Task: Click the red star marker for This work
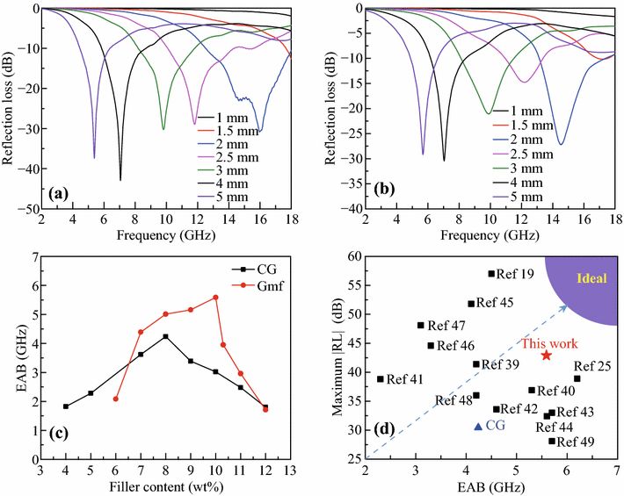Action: [546, 355]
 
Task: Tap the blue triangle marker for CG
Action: [478, 426]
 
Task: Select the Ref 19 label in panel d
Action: [515, 274]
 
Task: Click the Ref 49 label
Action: [576, 442]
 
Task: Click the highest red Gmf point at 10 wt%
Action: [215, 298]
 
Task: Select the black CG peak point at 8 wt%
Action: [165, 336]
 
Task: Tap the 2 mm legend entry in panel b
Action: [545, 140]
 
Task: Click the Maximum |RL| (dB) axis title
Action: [338, 356]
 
